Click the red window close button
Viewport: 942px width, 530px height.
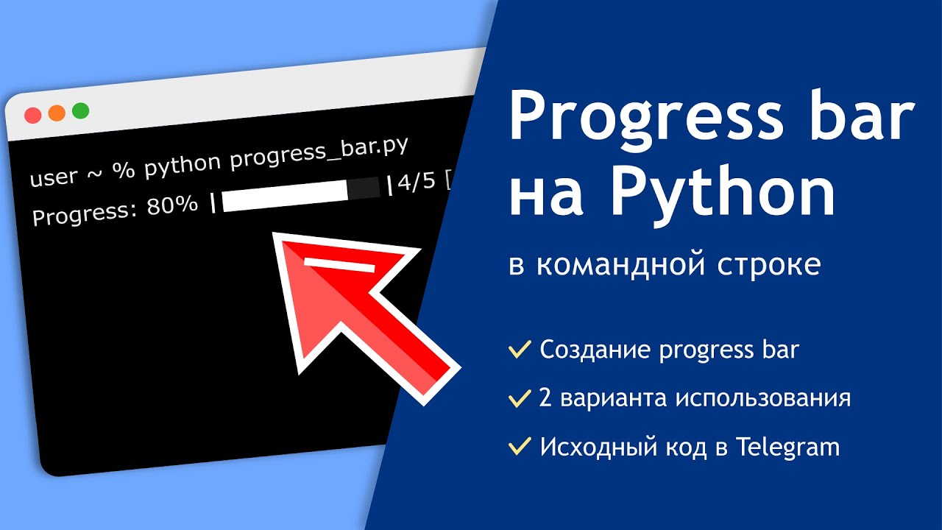pyautogui.click(x=32, y=116)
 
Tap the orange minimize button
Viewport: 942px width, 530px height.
pyautogui.click(x=57, y=113)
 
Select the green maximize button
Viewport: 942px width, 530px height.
pyautogui.click(x=80, y=111)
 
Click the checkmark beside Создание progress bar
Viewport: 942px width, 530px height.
pyautogui.click(x=520, y=350)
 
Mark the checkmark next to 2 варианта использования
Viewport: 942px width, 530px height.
pyautogui.click(x=520, y=399)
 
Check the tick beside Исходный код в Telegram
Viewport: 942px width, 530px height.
pyautogui.click(x=520, y=446)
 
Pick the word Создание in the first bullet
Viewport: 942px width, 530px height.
pyautogui.click(x=595, y=350)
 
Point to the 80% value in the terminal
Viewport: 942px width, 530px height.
pyautogui.click(x=171, y=206)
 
